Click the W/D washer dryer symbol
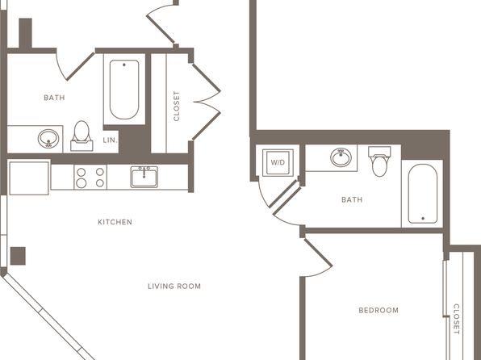coord(278,163)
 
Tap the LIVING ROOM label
coord(174,287)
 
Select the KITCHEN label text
coord(115,222)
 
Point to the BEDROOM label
coord(379,310)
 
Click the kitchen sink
coord(144,177)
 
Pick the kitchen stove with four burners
coord(90,177)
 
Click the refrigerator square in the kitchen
coord(29,178)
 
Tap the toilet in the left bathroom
coord(82,136)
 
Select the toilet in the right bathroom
coord(379,161)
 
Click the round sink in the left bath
coord(48,139)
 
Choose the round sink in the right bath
coord(341,157)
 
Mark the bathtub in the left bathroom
coord(124,90)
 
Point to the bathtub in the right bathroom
coord(423,194)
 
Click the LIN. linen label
coord(110,140)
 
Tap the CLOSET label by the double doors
coord(177,106)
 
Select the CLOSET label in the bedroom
coord(457,319)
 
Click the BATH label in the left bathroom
coord(54,98)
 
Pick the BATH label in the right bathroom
coord(352,200)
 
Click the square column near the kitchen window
coord(18,256)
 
